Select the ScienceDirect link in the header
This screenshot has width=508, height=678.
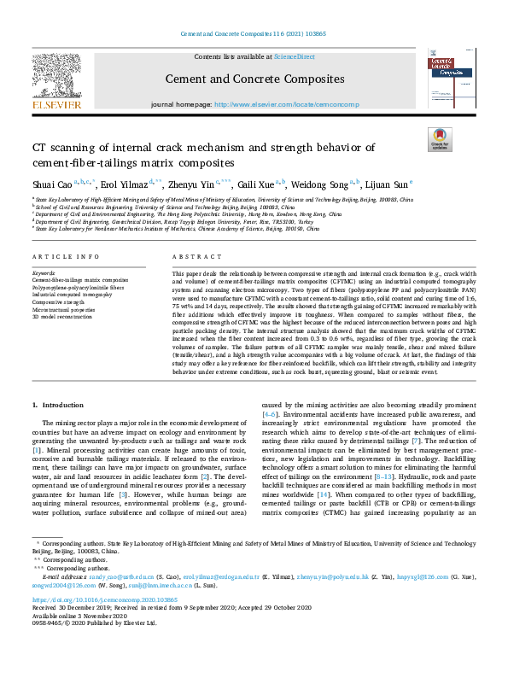click(295, 56)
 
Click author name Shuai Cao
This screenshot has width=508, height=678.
click(51, 184)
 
